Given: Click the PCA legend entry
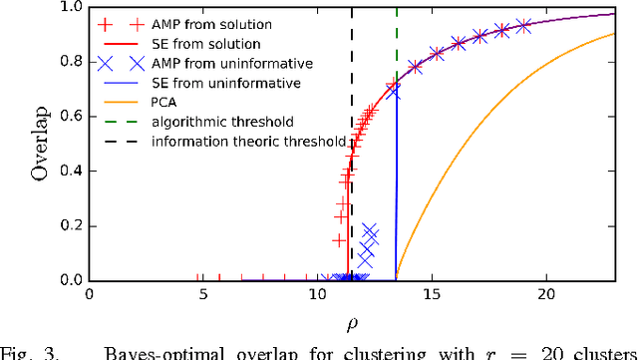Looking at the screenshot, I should click(166, 103).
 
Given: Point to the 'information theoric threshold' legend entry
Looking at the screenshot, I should click(248, 142).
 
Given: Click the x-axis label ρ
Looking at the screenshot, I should click(353, 324).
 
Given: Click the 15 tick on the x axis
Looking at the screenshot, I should click(431, 295).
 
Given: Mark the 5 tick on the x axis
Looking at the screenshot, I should click(203, 295).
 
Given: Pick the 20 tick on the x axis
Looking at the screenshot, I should click(544, 295).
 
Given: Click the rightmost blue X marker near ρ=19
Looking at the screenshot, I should click(523, 27).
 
